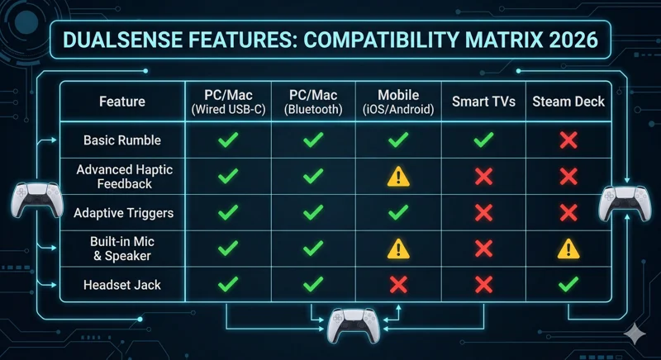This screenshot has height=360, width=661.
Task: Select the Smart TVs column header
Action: [x=484, y=102]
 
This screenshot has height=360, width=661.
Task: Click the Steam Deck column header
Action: [x=568, y=102]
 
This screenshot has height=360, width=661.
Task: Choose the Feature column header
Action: [x=122, y=102]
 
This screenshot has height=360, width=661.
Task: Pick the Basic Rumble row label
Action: [x=122, y=140]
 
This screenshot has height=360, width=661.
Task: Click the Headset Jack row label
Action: [x=122, y=285]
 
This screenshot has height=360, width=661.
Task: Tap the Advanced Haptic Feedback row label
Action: [x=122, y=177]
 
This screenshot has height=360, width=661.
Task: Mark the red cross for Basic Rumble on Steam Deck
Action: [x=568, y=140]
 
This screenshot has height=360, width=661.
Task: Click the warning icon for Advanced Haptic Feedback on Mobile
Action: [x=398, y=177]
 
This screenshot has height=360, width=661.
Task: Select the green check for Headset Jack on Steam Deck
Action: [x=568, y=285]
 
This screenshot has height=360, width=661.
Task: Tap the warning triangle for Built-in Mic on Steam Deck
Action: [x=568, y=249]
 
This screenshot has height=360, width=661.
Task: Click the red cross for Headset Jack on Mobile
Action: [x=398, y=285]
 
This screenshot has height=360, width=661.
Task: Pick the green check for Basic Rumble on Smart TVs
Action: [x=484, y=140]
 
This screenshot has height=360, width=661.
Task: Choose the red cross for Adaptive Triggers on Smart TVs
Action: [x=484, y=213]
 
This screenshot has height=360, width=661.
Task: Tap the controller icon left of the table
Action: [x=33, y=201]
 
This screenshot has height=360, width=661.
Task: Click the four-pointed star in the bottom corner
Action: [x=635, y=333]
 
